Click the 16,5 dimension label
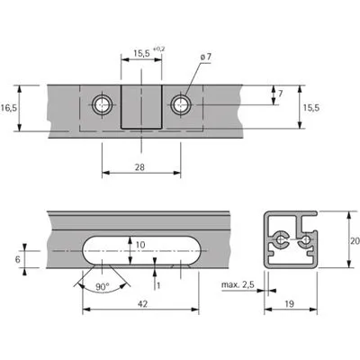pyautogui.click(x=9, y=108)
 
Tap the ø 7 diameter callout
pyautogui.click(x=205, y=57)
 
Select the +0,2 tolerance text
pyautogui.click(x=159, y=49)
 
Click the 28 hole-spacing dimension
pyautogui.click(x=139, y=166)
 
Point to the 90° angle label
pyautogui.click(x=102, y=286)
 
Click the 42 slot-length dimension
pyautogui.click(x=142, y=304)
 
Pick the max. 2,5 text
pyautogui.click(x=238, y=284)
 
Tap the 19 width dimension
pyautogui.click(x=289, y=304)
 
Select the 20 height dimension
pyautogui.click(x=355, y=240)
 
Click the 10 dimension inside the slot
pyautogui.click(x=140, y=245)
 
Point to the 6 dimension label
pyautogui.click(x=18, y=259)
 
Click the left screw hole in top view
pyautogui.click(x=103, y=105)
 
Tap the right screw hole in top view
pyautogui.click(x=181, y=105)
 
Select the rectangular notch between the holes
pyautogui.click(x=141, y=107)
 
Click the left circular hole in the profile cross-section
pyautogui.click(x=281, y=239)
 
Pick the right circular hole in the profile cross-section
pyautogui.click(x=306, y=239)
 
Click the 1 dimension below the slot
pyautogui.click(x=158, y=285)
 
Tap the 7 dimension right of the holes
pyautogui.click(x=280, y=94)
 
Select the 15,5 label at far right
pyautogui.click(x=311, y=108)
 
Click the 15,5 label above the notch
pyautogui.click(x=141, y=54)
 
